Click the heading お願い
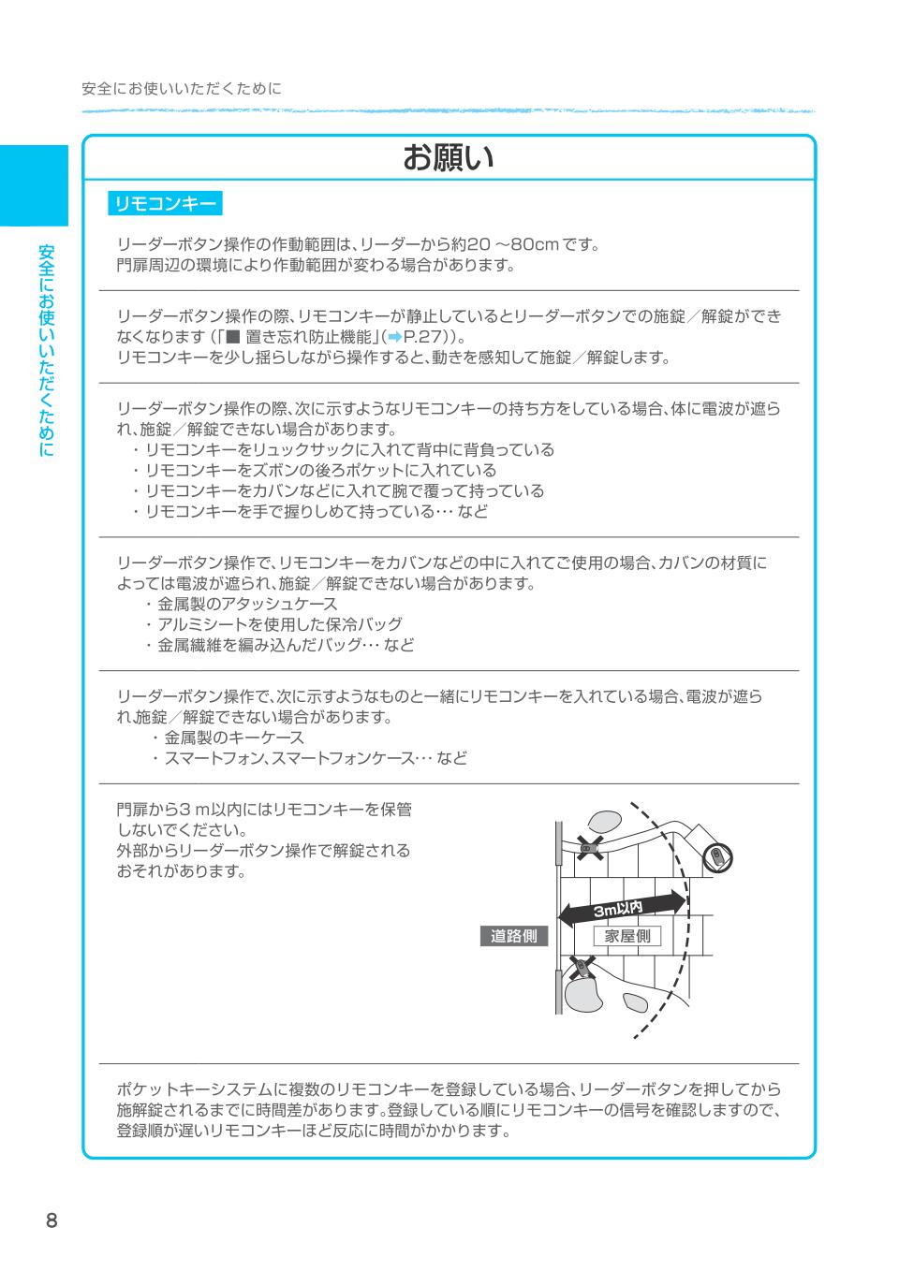click(448, 158)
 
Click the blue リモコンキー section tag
click(164, 203)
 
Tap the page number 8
click(52, 1220)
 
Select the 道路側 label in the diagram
click(514, 936)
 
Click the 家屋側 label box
click(626, 936)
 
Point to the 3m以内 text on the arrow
click(618, 908)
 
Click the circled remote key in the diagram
click(716, 856)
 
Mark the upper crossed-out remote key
click(588, 848)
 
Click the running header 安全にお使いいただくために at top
click(181, 89)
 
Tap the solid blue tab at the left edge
click(34, 185)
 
